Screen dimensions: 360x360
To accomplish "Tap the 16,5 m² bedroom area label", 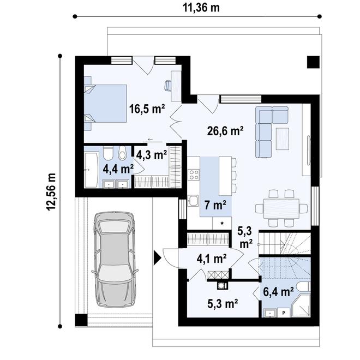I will click(147, 109).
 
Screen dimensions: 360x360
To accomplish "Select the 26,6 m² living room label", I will click(225, 130).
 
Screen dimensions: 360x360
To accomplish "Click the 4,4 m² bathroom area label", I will click(118, 169).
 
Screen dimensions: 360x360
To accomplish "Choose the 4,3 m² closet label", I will click(151, 155).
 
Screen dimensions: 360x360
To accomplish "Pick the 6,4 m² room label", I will click(279, 292).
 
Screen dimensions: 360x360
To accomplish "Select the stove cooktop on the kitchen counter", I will click(193, 175).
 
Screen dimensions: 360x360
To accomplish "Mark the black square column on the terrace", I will click(313, 62).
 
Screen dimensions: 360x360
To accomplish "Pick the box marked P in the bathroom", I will click(283, 313).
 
